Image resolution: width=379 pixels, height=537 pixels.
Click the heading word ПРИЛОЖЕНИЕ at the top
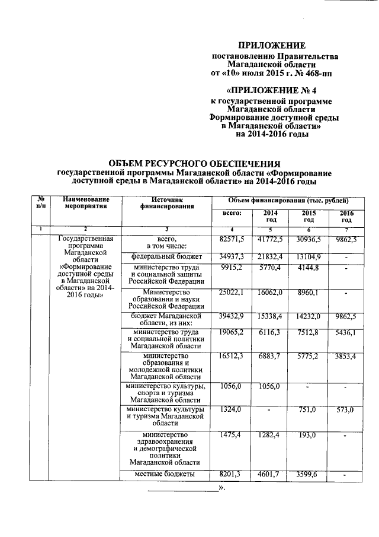click(272, 46)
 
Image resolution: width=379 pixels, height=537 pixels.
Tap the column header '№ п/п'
click(40, 204)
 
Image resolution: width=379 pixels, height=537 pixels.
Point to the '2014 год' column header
click(271, 217)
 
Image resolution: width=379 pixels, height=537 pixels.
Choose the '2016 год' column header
click(346, 217)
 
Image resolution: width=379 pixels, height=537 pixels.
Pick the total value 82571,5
click(231, 239)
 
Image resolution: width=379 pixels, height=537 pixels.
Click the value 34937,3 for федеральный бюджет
click(231, 256)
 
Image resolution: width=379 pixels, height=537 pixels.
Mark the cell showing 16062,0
click(271, 293)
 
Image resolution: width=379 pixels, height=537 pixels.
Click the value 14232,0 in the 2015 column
click(309, 315)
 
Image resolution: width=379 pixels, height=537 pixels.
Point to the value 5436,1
click(346, 333)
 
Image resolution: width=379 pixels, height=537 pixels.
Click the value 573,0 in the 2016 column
click(346, 410)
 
